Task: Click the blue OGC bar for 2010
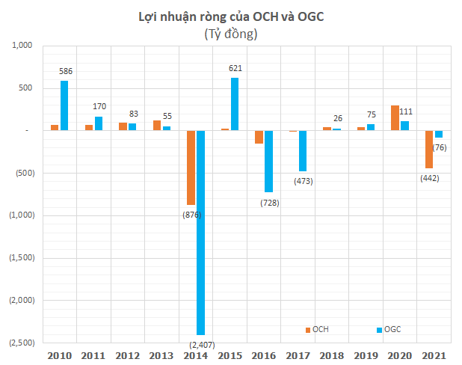tap(64, 105)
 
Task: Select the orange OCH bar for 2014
tap(191, 168)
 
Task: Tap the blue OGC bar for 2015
tap(235, 104)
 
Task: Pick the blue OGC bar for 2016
tap(268, 162)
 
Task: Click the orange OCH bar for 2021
tap(429, 150)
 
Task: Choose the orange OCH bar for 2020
tap(395, 118)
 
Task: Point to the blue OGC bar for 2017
tap(303, 151)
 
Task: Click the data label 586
tap(66, 72)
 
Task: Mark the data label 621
tap(235, 69)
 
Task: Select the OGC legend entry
tap(388, 329)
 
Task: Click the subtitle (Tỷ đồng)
tap(230, 34)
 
